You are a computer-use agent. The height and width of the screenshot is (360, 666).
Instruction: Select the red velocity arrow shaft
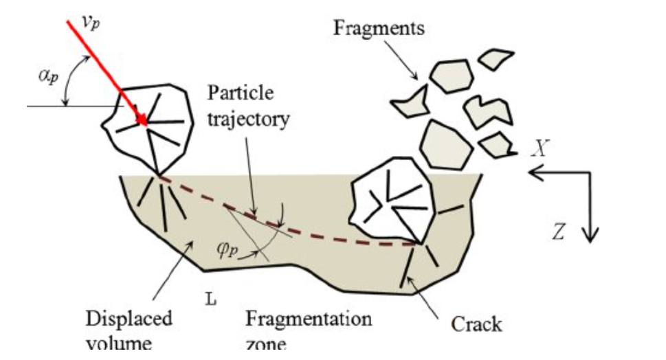pos(103,69)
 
